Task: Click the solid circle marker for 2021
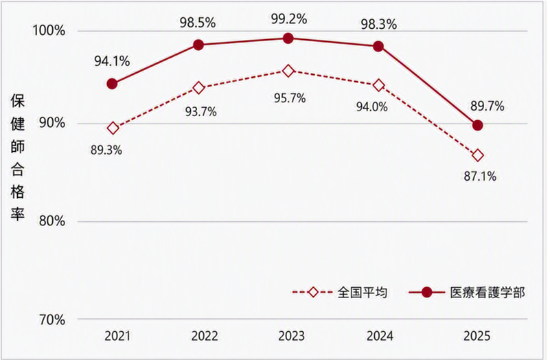tap(112, 84)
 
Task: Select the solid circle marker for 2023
tap(288, 38)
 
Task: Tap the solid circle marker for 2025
tap(477, 125)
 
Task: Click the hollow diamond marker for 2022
tap(199, 88)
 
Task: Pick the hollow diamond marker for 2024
tap(379, 85)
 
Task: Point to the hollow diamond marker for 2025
tap(478, 155)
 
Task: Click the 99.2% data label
tap(288, 19)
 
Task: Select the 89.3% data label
tap(106, 150)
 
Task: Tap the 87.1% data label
tap(480, 176)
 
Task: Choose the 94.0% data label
tap(371, 106)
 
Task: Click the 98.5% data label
tap(198, 23)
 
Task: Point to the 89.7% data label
tap(488, 106)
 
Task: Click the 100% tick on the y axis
tap(49, 31)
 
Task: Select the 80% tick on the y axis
tap(52, 221)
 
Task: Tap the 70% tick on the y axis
tap(52, 320)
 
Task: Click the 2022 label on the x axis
tap(205, 336)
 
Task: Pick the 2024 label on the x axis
tap(380, 336)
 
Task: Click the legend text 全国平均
tap(363, 292)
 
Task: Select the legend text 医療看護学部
tap(488, 292)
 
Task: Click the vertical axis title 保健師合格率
tap(18, 157)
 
